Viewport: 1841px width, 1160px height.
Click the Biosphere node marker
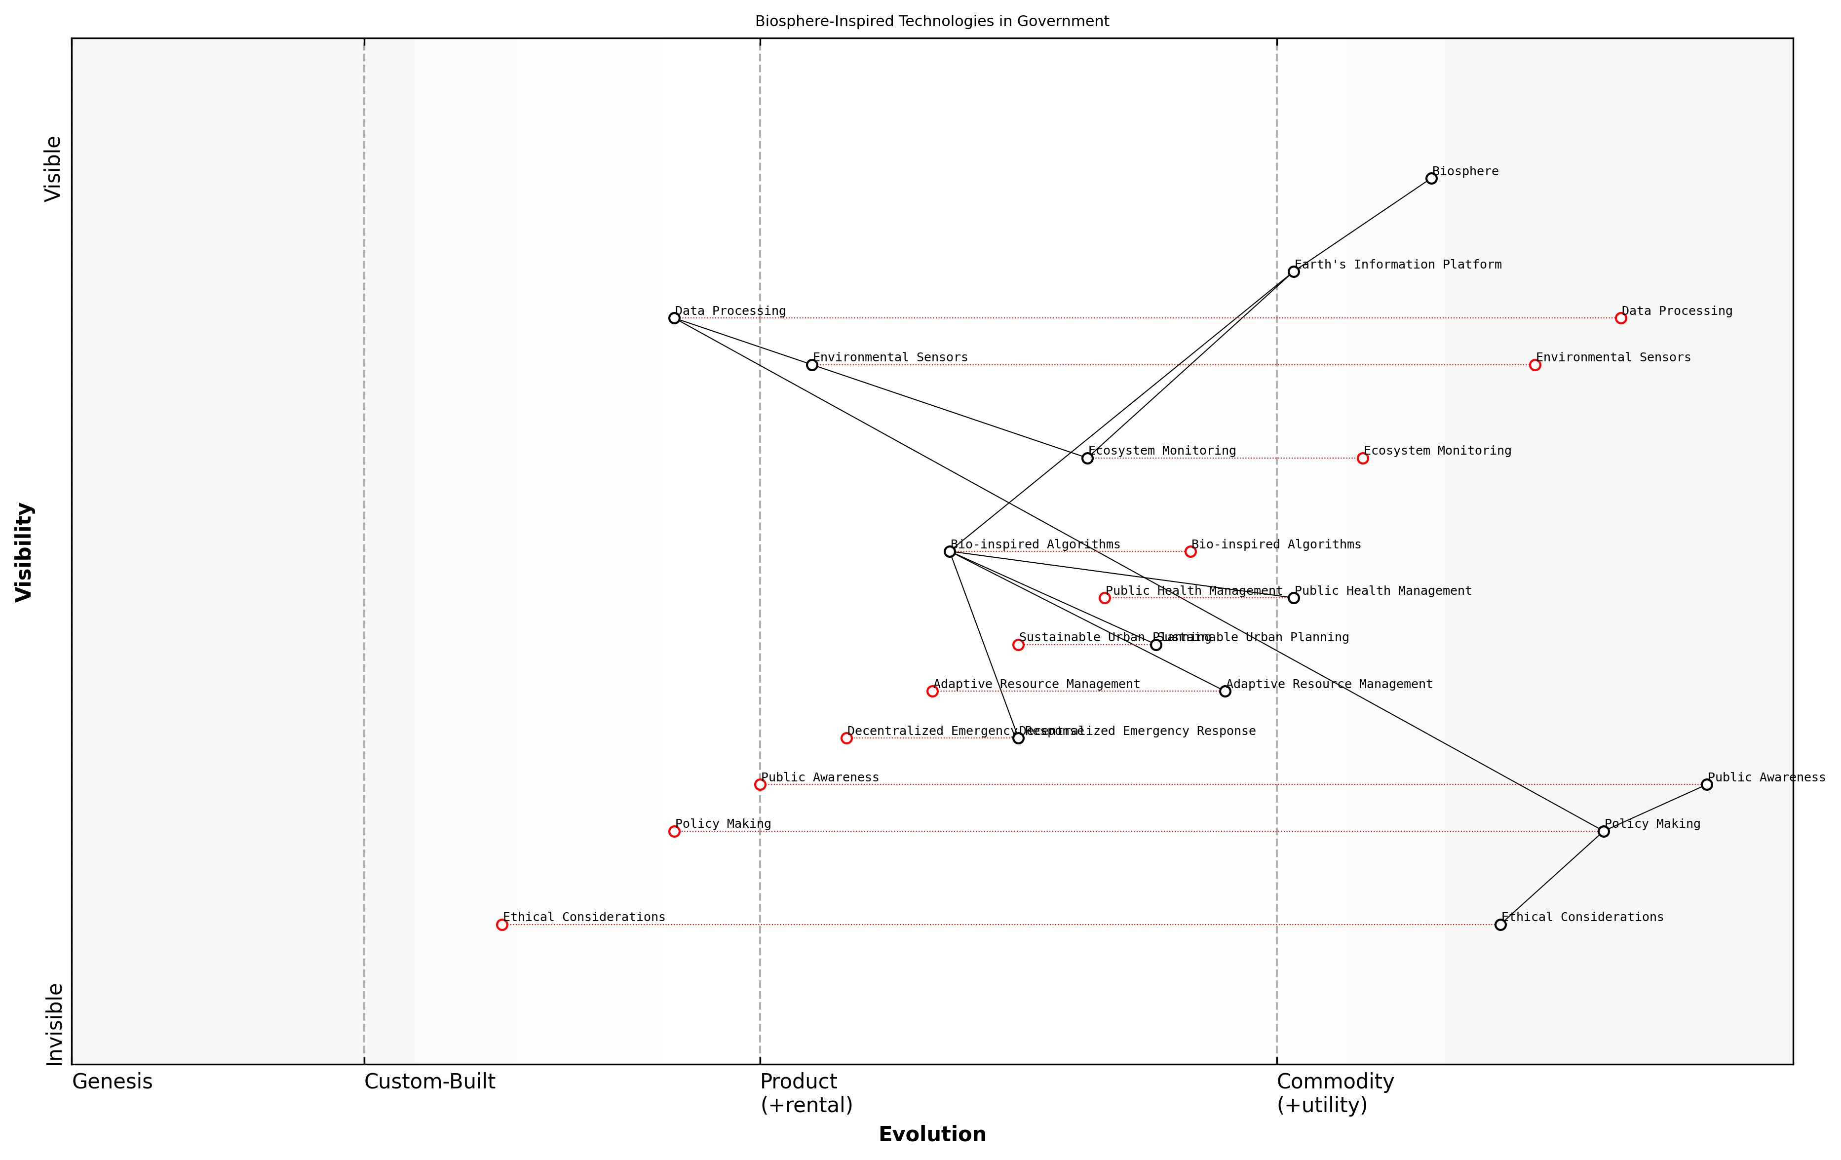coord(1431,178)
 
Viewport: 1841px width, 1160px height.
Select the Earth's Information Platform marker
coord(1294,271)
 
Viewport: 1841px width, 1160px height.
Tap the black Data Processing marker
coord(674,318)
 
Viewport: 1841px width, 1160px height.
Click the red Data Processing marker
coord(1621,318)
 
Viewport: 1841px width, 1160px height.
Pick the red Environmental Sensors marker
coord(1535,365)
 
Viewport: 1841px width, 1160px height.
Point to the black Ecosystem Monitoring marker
coord(1087,458)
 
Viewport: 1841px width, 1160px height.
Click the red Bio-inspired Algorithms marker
coord(1190,551)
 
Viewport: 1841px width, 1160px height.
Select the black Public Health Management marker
coord(1294,598)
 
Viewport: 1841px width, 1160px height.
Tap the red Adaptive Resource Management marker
coord(932,691)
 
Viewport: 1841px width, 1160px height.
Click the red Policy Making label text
coord(723,823)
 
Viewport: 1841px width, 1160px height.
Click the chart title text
coord(932,21)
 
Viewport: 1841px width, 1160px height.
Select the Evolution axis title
coord(932,1134)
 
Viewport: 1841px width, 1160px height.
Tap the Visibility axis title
coord(25,551)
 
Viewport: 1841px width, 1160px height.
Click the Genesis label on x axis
coord(113,1081)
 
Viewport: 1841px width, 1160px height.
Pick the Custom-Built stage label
coord(430,1081)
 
